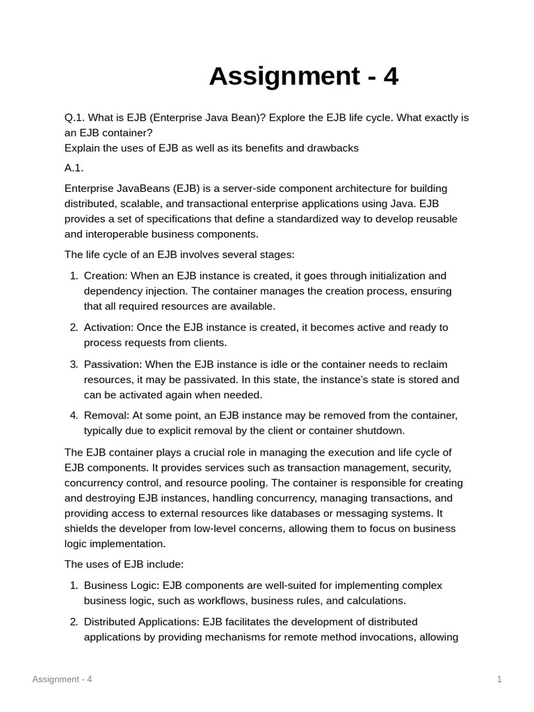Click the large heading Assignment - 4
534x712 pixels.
tap(304, 76)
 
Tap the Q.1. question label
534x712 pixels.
tap(76, 118)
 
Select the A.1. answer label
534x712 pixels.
tap(74, 168)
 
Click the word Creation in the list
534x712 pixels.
tap(106, 276)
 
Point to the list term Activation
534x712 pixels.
tap(108, 327)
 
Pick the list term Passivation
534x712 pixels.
tap(111, 364)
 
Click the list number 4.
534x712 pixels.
tap(74, 416)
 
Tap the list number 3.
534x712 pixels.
tap(74, 364)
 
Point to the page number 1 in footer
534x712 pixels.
tap(499, 679)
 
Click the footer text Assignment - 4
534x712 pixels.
tap(62, 679)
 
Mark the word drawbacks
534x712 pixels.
tap(334, 148)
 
